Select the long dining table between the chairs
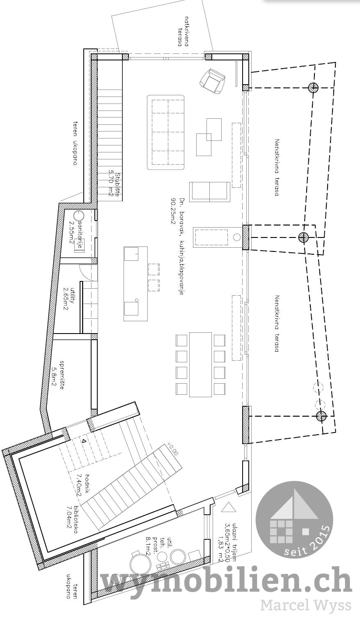click(x=200, y=364)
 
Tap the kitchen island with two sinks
click(x=135, y=283)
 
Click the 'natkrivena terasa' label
click(x=183, y=31)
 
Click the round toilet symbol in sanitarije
click(x=78, y=215)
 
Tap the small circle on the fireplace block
click(x=236, y=237)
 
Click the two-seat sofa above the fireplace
click(x=209, y=191)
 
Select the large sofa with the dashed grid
click(x=166, y=132)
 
